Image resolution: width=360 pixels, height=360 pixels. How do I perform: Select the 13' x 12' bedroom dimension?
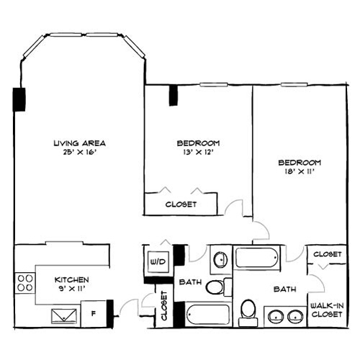(x=198, y=152)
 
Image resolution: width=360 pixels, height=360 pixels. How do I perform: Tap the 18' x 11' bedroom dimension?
(x=300, y=172)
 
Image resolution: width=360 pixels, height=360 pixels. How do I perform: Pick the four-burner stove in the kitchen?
(x=26, y=282)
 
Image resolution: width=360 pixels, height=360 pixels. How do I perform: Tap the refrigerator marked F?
(x=93, y=313)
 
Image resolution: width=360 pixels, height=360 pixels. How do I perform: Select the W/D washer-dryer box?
(x=158, y=261)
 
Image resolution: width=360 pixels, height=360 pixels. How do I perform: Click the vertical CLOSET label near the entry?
(x=164, y=306)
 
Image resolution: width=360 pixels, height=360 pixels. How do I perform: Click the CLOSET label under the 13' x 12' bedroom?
(x=181, y=204)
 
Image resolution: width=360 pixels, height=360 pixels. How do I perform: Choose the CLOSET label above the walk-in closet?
(x=327, y=254)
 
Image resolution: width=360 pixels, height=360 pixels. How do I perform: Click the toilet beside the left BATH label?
(x=215, y=288)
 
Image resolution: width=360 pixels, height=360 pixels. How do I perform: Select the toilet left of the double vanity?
(x=248, y=310)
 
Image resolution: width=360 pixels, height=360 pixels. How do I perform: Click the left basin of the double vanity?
(x=275, y=315)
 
